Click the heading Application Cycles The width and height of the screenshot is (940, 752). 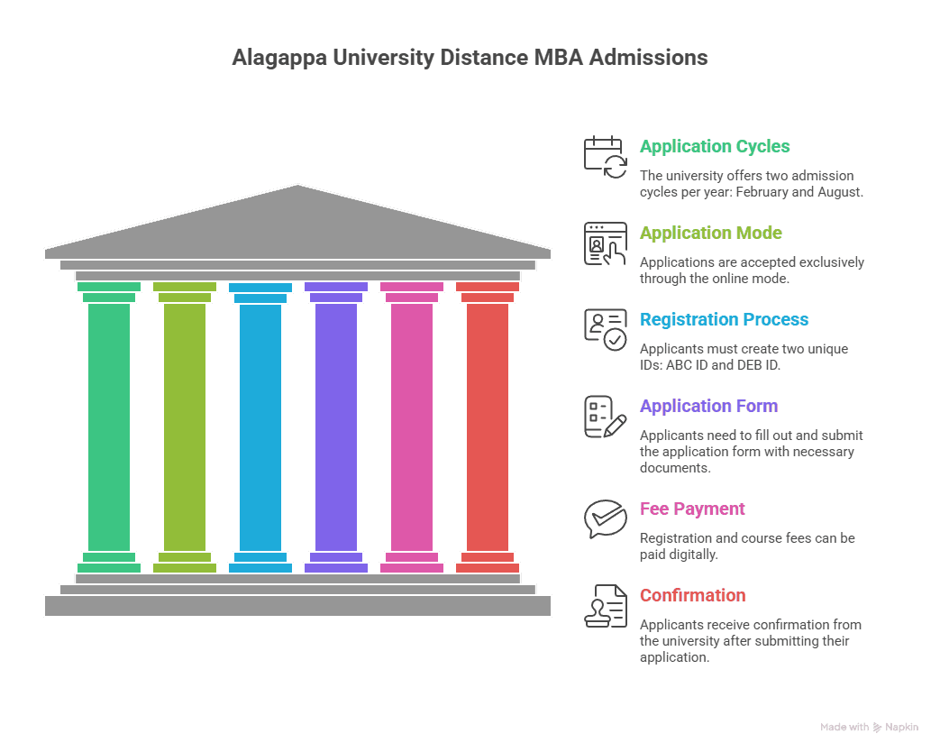pyautogui.click(x=715, y=146)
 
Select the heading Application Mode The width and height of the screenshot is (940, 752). pyautogui.click(x=710, y=233)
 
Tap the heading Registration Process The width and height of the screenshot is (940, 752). pyautogui.click(x=724, y=319)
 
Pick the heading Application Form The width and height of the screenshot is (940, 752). pyautogui.click(x=708, y=406)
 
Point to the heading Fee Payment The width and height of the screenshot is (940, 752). pyautogui.click(x=692, y=509)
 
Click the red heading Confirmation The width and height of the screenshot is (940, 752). pyautogui.click(x=692, y=595)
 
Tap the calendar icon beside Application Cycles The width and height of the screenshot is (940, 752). pyautogui.click(x=605, y=157)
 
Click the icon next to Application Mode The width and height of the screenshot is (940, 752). pyautogui.click(x=605, y=243)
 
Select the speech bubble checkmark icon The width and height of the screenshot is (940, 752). pyautogui.click(x=605, y=518)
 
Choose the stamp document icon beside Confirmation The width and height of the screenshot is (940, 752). pyautogui.click(x=605, y=605)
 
